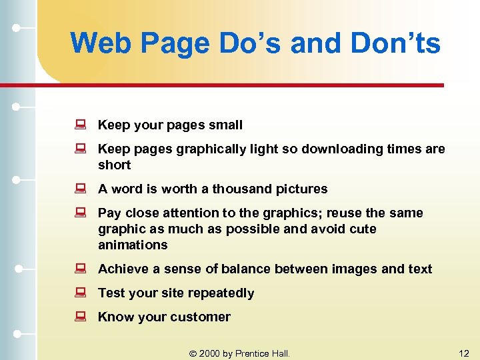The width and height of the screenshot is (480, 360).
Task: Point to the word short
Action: point(114,165)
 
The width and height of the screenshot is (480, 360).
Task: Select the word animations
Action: point(133,245)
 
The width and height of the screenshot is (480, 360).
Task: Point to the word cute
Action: point(363,229)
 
